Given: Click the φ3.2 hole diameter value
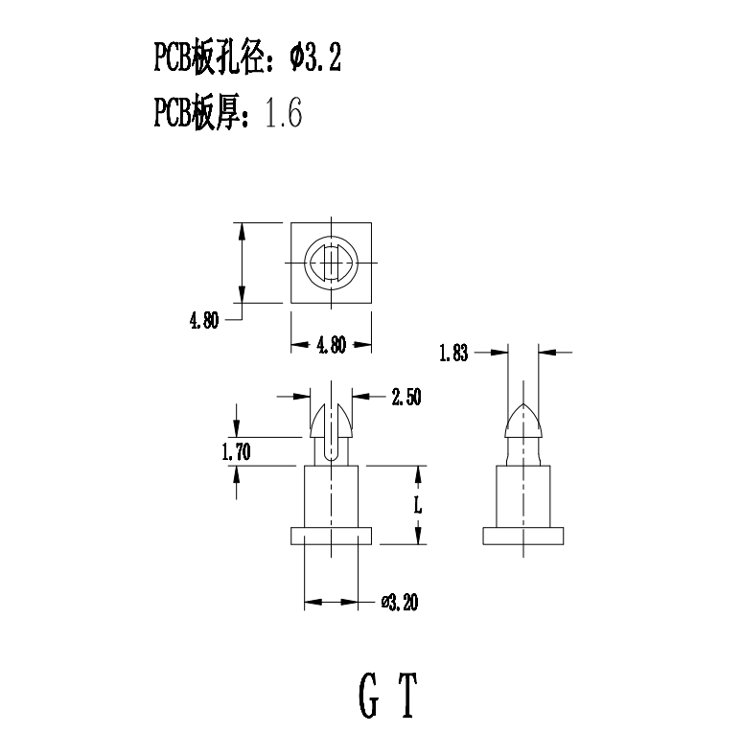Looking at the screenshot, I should coord(315,60).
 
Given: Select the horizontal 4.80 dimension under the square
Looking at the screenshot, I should coord(331,346).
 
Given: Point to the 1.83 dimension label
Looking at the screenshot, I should coord(453,354).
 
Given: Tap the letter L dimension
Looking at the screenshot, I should coord(418,505).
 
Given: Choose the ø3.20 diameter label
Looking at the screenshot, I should coord(400,603).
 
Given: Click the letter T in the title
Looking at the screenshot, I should coord(409,697).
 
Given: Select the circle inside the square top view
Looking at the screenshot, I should coord(331,263).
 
